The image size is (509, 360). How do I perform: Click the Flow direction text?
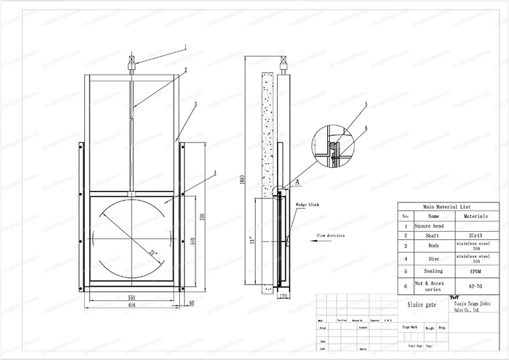[331, 236]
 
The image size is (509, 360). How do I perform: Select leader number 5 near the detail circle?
[365, 103]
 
